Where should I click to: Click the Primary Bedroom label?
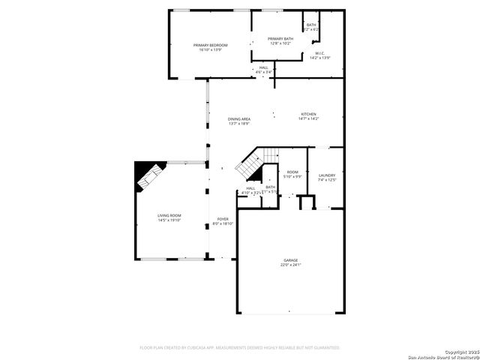(x=210, y=45)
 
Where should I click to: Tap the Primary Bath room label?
(x=280, y=39)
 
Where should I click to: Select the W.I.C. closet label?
(x=319, y=53)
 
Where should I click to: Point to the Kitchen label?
(x=309, y=114)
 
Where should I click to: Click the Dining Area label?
(x=239, y=119)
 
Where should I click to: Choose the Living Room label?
(x=169, y=215)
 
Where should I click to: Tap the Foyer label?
(x=223, y=219)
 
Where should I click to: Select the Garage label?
(x=290, y=260)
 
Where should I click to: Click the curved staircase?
(x=252, y=166)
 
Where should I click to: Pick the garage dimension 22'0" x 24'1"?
(x=290, y=265)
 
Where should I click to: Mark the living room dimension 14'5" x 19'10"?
(x=169, y=220)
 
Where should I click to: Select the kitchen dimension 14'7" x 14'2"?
(x=309, y=118)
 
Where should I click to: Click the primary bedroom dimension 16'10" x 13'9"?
(x=210, y=49)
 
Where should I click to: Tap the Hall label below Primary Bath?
(x=263, y=67)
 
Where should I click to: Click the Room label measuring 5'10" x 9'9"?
(x=292, y=172)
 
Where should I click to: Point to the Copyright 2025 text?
(x=460, y=351)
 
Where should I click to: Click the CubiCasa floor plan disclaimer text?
(x=240, y=347)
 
